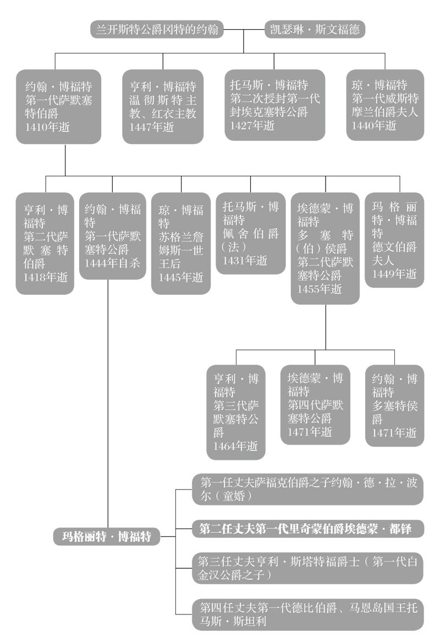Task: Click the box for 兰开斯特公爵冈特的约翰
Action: coord(157,29)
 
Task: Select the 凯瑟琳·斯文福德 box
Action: coord(315,29)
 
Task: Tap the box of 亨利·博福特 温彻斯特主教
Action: coord(163,106)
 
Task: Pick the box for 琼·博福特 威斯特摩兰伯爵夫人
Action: coord(385,105)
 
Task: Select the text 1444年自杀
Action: coord(112,262)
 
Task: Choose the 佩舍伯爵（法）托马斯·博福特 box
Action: coord(250,233)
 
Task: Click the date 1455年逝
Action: coord(320,288)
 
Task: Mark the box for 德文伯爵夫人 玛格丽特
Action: coord(394,239)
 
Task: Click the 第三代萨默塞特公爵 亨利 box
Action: coord(236,412)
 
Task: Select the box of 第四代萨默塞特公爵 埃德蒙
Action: coord(315,404)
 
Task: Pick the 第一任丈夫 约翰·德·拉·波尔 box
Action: coord(308,488)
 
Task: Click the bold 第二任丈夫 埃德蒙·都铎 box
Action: coord(308,529)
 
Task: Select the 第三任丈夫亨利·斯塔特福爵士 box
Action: coord(308,568)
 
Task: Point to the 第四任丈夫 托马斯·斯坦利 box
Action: coord(308,614)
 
